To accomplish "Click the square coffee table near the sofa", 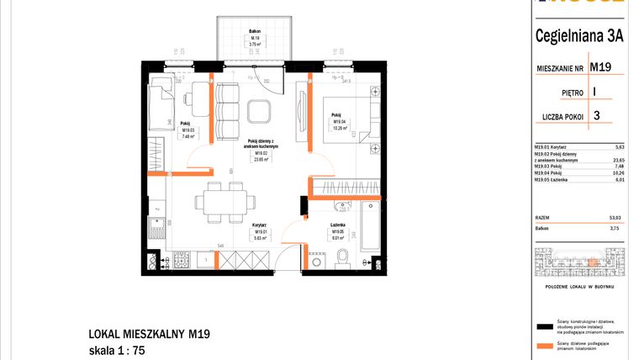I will coord(260,111).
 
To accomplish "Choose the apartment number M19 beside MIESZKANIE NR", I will coord(599,66).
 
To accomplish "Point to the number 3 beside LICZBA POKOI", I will coord(596,116).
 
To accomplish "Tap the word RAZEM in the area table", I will coord(543,217).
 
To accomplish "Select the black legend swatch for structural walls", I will coord(543,325).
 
